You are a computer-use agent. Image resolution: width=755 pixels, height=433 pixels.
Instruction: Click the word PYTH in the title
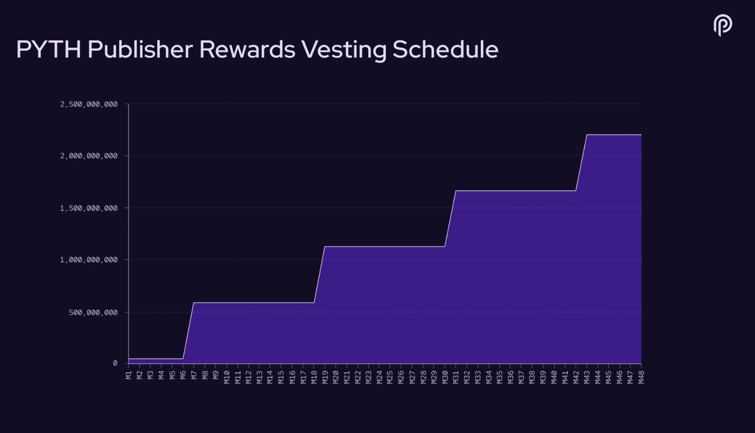49,50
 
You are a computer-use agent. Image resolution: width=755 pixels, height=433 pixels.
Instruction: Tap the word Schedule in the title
445,50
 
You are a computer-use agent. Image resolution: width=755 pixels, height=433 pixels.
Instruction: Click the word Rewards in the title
247,50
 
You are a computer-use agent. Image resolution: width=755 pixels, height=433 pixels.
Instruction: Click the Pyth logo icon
723,25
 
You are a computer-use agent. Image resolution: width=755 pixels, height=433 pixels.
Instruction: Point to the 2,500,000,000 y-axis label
89,104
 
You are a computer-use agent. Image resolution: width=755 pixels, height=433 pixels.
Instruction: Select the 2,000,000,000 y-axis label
89,156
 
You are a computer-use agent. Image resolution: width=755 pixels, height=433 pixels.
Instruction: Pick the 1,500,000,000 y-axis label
89,209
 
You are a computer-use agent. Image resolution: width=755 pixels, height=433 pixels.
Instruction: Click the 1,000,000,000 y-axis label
89,260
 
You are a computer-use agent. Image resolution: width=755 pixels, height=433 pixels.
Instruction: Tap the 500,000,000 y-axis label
93,313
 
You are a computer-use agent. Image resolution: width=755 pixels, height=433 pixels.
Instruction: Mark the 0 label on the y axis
115,363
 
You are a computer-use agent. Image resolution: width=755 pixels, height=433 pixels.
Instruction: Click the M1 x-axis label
128,375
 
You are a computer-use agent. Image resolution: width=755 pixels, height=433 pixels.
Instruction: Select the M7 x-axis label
194,375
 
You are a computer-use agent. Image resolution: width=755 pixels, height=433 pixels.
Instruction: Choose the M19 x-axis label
325,377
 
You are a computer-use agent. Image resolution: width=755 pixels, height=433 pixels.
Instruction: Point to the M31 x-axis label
456,377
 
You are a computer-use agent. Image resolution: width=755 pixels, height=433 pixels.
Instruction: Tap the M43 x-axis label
587,377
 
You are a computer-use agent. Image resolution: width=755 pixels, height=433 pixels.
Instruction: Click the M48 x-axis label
641,377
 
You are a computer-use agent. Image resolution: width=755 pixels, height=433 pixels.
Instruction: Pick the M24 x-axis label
379,377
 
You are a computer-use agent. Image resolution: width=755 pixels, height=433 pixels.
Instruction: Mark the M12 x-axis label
249,377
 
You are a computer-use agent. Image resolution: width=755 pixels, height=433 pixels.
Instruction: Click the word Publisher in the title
140,50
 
